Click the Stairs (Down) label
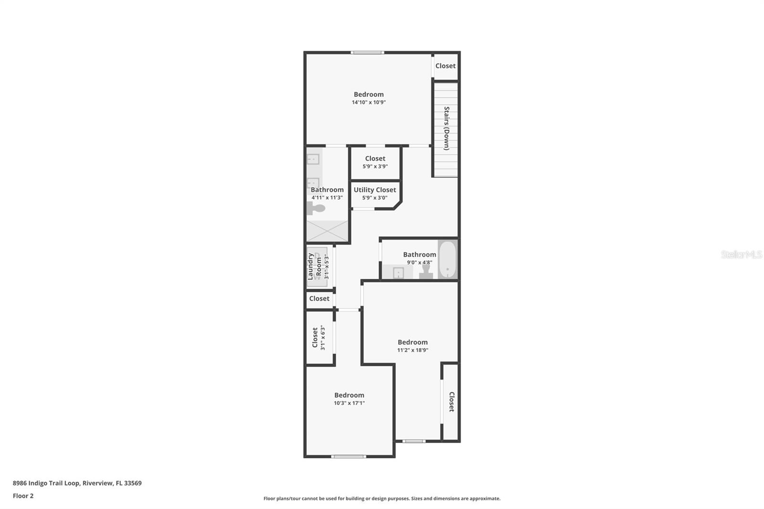pyautogui.click(x=446, y=128)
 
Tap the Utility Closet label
pyautogui.click(x=375, y=190)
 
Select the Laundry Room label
pyautogui.click(x=315, y=266)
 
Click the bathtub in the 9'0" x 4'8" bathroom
pyautogui.click(x=447, y=259)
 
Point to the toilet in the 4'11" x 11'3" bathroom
pyautogui.click(x=316, y=208)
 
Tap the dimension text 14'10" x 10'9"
pyautogui.click(x=369, y=102)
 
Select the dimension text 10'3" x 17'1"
pyautogui.click(x=349, y=403)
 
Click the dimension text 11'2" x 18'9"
pyautogui.click(x=413, y=350)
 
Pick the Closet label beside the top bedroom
pyautogui.click(x=446, y=66)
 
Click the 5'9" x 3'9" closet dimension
pyautogui.click(x=375, y=167)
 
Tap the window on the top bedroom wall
pyautogui.click(x=367, y=52)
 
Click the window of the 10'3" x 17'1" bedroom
pyautogui.click(x=349, y=456)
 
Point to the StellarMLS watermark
pyautogui.click(x=742, y=254)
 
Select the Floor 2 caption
pyautogui.click(x=23, y=496)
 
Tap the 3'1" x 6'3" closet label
pyautogui.click(x=315, y=338)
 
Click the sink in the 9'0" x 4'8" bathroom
pyautogui.click(x=398, y=273)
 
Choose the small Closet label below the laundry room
pyautogui.click(x=319, y=299)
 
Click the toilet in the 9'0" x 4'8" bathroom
pyautogui.click(x=426, y=271)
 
